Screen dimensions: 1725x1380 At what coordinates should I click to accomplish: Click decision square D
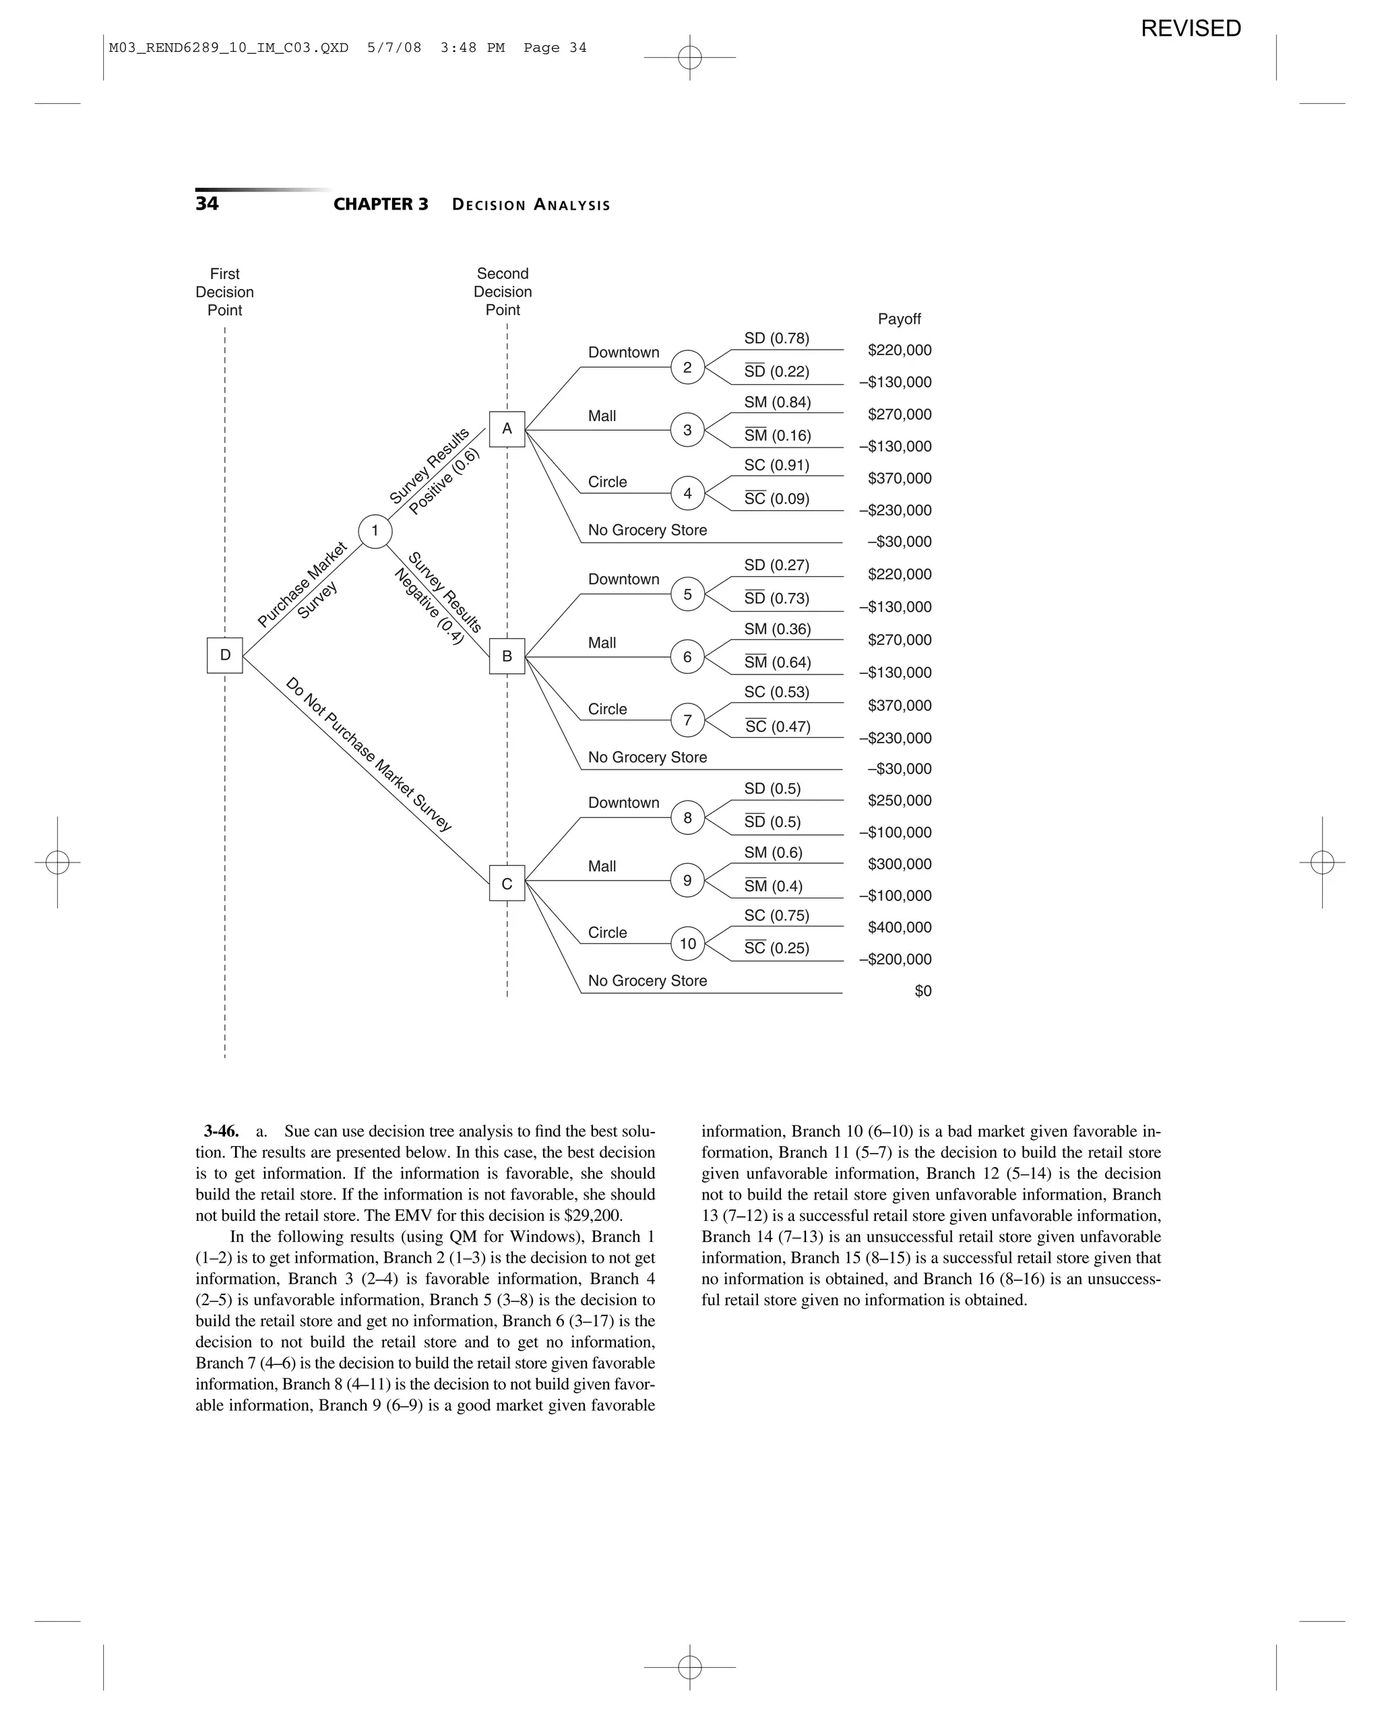225,655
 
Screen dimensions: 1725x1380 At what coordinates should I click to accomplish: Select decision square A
507,429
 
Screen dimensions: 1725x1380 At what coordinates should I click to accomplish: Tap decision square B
507,656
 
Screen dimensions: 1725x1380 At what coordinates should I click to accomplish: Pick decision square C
507,883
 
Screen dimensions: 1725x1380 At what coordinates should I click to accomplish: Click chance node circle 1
375,531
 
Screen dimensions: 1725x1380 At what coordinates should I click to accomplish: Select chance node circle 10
687,944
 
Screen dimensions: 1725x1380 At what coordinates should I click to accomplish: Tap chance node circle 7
687,720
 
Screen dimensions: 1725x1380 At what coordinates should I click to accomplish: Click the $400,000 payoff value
899,927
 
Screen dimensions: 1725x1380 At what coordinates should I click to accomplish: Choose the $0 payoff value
922,991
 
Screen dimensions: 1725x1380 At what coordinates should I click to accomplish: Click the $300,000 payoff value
899,864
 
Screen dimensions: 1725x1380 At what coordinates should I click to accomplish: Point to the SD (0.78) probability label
776,338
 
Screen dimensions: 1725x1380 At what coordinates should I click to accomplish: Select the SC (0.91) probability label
776,465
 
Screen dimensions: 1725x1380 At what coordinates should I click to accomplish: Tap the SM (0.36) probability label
777,629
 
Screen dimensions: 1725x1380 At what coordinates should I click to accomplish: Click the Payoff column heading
899,319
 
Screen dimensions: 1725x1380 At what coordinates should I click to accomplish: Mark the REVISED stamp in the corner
1191,29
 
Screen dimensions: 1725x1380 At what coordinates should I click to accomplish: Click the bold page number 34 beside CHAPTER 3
206,204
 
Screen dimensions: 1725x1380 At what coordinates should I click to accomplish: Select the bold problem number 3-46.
221,1131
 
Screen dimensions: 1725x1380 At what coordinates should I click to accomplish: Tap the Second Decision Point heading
503,292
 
